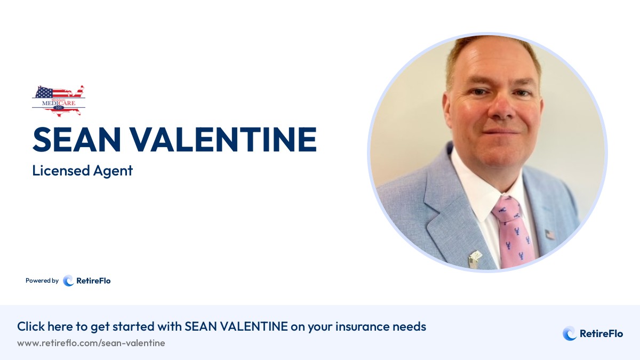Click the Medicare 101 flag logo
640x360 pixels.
coord(58,100)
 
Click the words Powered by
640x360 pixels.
coord(42,281)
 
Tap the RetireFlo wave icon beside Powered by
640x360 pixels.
coord(68,281)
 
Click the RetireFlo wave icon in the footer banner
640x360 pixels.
coord(570,334)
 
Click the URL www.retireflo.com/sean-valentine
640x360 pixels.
coord(91,343)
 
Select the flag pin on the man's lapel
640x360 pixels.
coord(549,234)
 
